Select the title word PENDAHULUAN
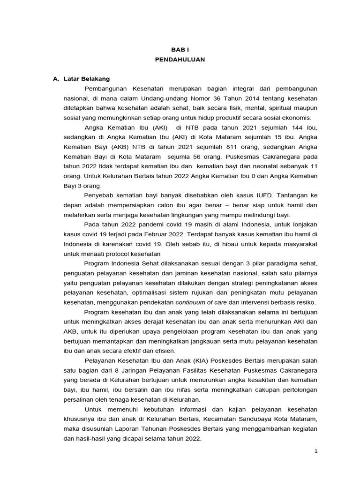point(180,60)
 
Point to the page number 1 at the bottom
point(316,451)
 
